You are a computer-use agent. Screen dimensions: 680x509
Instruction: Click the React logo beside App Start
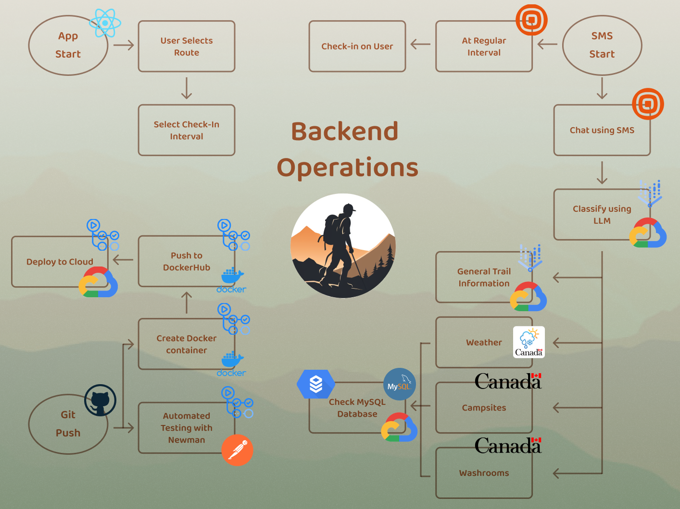click(x=105, y=23)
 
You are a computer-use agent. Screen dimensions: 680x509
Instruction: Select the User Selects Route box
click(x=186, y=47)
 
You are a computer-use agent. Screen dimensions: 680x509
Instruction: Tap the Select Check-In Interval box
click(x=186, y=130)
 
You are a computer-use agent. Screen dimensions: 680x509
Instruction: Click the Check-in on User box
click(x=357, y=47)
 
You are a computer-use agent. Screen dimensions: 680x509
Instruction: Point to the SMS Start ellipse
click(x=602, y=45)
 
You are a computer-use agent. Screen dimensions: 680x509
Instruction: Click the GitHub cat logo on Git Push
click(x=100, y=400)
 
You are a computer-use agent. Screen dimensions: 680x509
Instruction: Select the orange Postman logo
click(x=237, y=450)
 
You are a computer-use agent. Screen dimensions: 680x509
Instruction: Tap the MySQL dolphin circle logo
click(x=399, y=384)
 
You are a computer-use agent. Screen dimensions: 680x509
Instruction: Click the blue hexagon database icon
click(x=315, y=384)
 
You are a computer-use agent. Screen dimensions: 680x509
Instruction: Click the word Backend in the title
click(x=344, y=131)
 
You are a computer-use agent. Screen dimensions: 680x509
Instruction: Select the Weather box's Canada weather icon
click(x=529, y=342)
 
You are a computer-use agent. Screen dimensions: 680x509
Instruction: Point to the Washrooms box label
click(x=484, y=473)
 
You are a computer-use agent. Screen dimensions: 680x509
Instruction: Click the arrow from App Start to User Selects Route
click(x=123, y=45)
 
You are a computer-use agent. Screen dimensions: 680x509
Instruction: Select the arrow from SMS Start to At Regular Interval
click(x=547, y=45)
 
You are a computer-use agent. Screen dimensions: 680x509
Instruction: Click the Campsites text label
click(x=484, y=408)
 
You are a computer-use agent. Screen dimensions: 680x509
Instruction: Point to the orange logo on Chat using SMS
click(x=647, y=104)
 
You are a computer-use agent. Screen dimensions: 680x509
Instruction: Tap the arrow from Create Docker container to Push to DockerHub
click(x=187, y=303)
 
